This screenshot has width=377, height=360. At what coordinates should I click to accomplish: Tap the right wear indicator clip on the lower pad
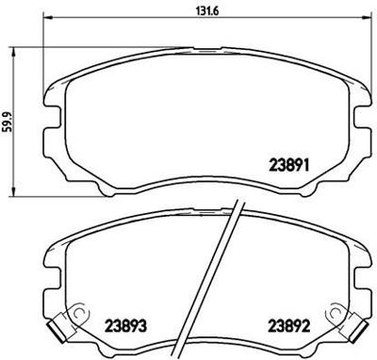348,326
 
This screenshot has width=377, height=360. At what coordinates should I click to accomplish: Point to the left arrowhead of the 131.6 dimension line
48,23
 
